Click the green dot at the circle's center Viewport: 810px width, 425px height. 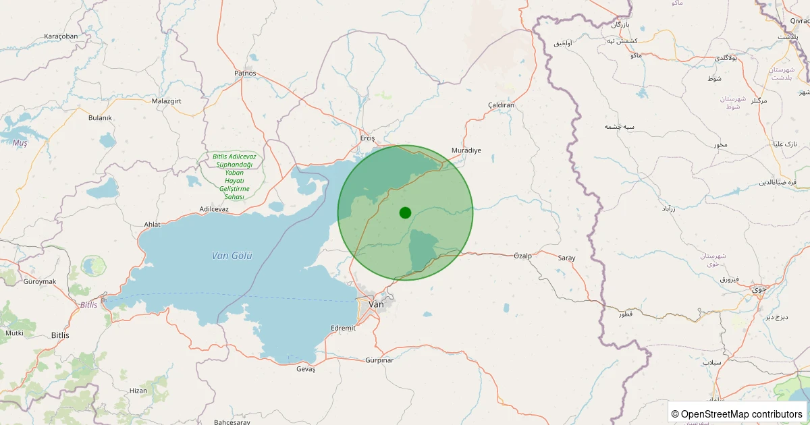pyautogui.click(x=405, y=213)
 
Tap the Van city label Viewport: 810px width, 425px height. pyautogui.click(x=376, y=304)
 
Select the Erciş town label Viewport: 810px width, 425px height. pyautogui.click(x=367, y=138)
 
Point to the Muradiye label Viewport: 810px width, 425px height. pyautogui.click(x=466, y=150)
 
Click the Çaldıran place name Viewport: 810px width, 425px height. pyautogui.click(x=501, y=105)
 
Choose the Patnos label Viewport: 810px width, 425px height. pyautogui.click(x=245, y=73)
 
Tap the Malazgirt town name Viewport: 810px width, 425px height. pyautogui.click(x=167, y=101)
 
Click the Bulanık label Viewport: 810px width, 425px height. pyautogui.click(x=100, y=117)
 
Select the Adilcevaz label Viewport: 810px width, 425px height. pyautogui.click(x=215, y=209)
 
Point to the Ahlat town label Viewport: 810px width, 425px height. pyautogui.click(x=153, y=225)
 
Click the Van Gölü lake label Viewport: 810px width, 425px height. pyautogui.click(x=232, y=256)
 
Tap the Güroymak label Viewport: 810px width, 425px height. pyautogui.click(x=39, y=281)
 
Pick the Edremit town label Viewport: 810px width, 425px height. pyautogui.click(x=343, y=328)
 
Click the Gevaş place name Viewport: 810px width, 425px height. pyautogui.click(x=306, y=369)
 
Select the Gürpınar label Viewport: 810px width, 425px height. pyautogui.click(x=379, y=360)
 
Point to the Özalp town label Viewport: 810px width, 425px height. pyautogui.click(x=523, y=256)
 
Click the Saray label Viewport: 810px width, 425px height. pyautogui.click(x=566, y=258)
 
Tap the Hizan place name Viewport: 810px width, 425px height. pyautogui.click(x=138, y=391)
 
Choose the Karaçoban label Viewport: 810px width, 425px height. pyautogui.click(x=61, y=36)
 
